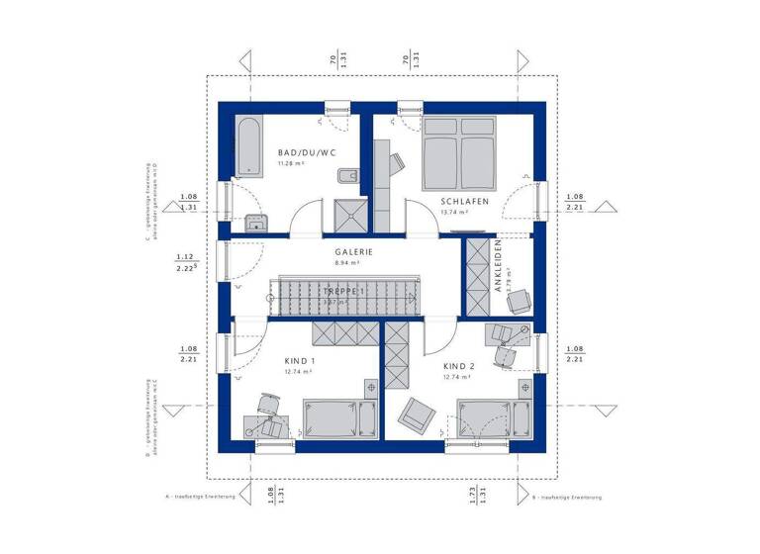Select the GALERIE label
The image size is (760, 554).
[353, 252]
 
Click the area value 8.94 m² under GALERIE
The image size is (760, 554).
[347, 264]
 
